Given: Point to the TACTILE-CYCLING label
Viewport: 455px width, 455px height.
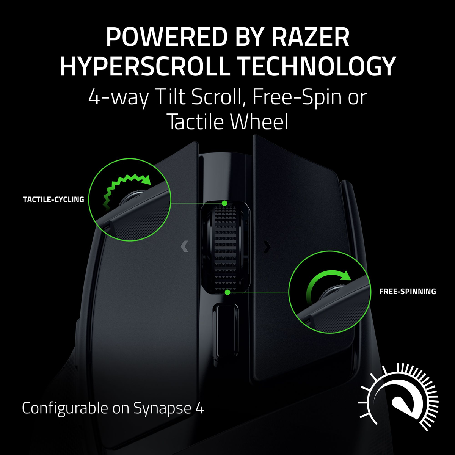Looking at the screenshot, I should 53,199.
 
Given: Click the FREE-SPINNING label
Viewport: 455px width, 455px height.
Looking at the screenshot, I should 407,292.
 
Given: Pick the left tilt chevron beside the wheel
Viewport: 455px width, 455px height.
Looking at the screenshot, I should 185,247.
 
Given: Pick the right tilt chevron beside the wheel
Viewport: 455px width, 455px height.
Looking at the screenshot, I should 267,247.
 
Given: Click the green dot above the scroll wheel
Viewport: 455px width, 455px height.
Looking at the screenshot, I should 224,204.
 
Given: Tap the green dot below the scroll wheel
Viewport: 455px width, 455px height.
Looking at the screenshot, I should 227,292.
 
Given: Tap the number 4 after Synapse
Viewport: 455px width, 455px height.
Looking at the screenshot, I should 200,408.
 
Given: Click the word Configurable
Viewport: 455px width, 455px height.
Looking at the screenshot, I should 64,408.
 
